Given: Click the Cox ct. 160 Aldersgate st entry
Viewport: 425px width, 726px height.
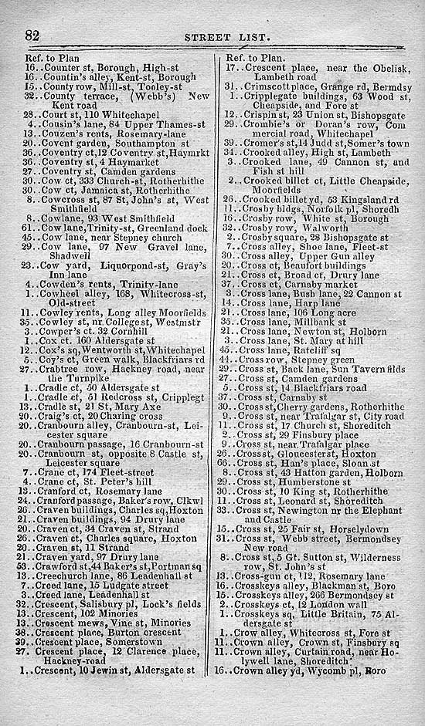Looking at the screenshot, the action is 100,339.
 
